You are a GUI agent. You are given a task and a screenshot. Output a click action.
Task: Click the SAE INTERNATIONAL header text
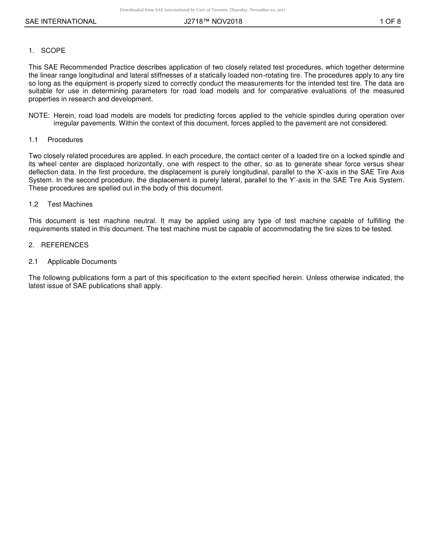[x=61, y=22]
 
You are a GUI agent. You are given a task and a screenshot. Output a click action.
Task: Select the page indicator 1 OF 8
[x=390, y=22]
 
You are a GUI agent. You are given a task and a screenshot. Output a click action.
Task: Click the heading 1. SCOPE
[x=47, y=51]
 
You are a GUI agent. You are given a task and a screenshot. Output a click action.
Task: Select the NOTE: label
[x=39, y=116]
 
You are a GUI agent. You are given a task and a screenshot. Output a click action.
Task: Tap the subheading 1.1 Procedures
[x=56, y=140]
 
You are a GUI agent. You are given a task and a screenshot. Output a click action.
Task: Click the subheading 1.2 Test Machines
[x=61, y=204]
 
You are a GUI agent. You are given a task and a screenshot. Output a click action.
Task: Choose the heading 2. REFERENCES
[x=59, y=245]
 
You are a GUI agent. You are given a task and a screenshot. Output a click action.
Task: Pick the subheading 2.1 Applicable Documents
[x=73, y=262]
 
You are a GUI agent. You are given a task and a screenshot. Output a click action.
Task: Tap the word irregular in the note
[x=67, y=124]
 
